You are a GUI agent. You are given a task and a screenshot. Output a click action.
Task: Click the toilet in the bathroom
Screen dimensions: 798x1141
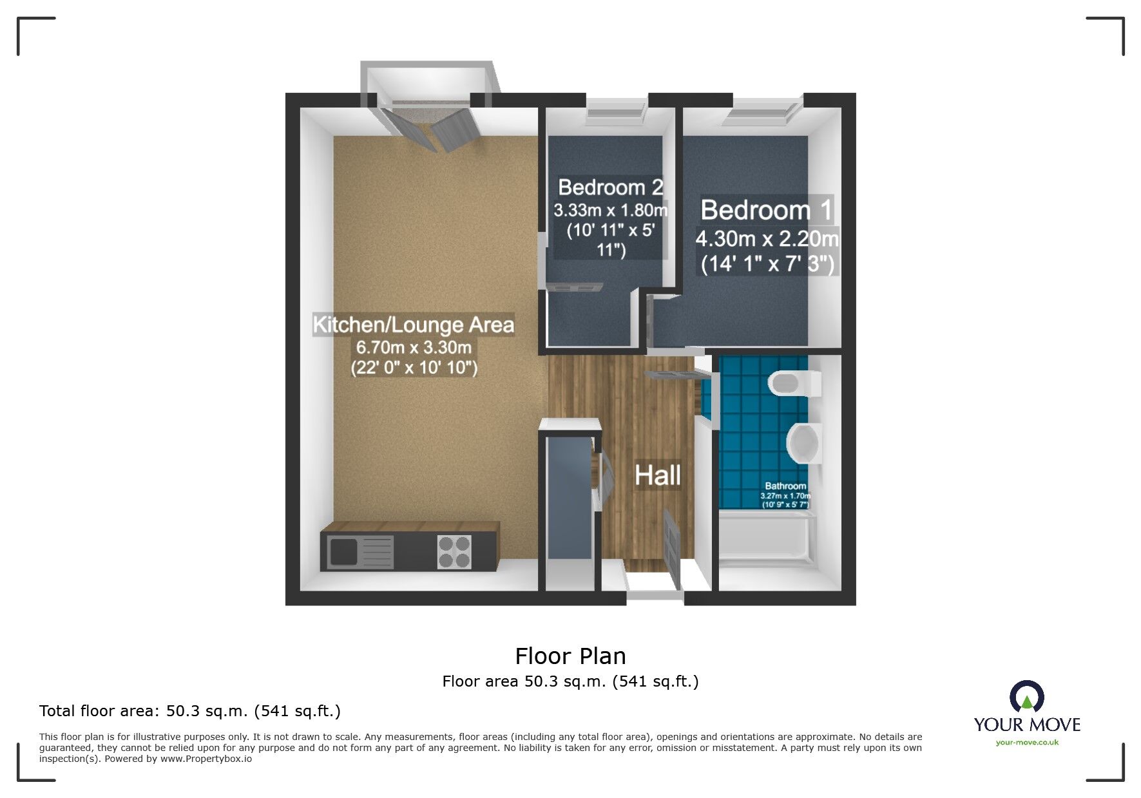794,384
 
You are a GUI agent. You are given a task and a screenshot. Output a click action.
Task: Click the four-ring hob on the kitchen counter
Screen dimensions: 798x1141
454,552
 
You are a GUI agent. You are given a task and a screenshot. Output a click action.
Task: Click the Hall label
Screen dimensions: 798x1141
657,476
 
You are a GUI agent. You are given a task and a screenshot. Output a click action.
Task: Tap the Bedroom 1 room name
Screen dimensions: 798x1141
766,210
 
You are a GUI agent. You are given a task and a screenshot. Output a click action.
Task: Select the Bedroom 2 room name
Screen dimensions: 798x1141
610,187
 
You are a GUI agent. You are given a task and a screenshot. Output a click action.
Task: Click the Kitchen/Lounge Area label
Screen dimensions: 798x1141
413,325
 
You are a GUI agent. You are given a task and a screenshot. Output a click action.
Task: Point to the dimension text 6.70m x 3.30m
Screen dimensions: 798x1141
414,348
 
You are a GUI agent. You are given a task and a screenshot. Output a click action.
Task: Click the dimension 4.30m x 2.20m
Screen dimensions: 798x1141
767,239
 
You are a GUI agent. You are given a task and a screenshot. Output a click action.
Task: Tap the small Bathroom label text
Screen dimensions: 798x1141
785,486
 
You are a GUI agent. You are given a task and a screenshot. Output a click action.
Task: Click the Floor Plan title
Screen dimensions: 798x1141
570,656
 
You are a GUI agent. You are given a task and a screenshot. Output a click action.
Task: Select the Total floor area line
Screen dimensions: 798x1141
190,711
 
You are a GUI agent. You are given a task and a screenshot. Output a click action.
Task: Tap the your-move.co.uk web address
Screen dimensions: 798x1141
1027,743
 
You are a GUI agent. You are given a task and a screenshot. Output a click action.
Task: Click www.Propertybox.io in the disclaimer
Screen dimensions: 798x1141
206,759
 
